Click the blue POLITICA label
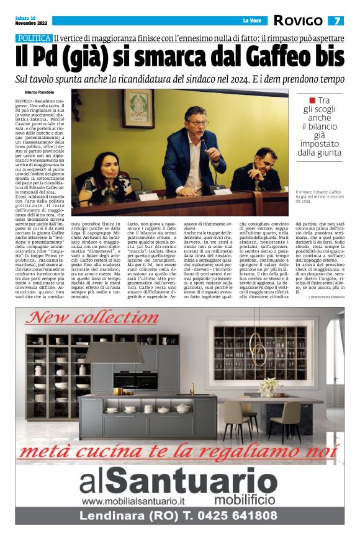[34, 38]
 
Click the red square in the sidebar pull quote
[313, 100]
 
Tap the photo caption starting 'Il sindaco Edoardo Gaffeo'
[320, 195]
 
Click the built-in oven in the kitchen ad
[135, 380]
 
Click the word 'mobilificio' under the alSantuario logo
[245, 499]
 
